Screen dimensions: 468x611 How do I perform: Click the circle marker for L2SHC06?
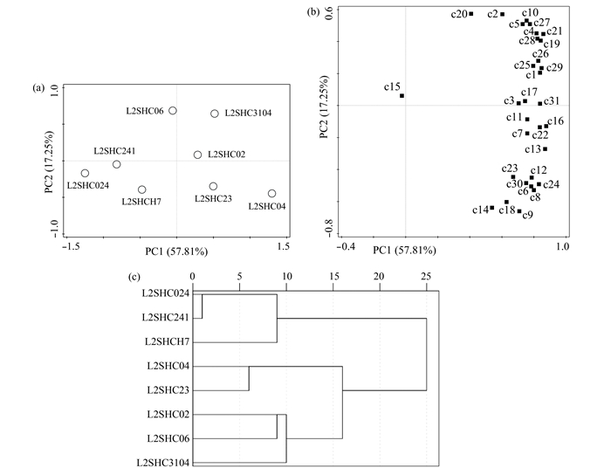click(173, 111)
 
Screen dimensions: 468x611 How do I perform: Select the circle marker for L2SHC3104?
click(215, 114)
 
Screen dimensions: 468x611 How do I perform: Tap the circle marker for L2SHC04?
click(271, 193)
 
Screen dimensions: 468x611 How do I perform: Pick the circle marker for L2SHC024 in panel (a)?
click(85, 173)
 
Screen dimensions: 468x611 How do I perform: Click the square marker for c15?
click(402, 95)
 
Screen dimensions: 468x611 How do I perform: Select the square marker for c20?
click(471, 13)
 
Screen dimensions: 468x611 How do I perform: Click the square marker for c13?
click(545, 148)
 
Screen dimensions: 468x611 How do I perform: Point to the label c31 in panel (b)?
click(552, 101)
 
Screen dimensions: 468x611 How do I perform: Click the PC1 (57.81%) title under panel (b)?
click(405, 251)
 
